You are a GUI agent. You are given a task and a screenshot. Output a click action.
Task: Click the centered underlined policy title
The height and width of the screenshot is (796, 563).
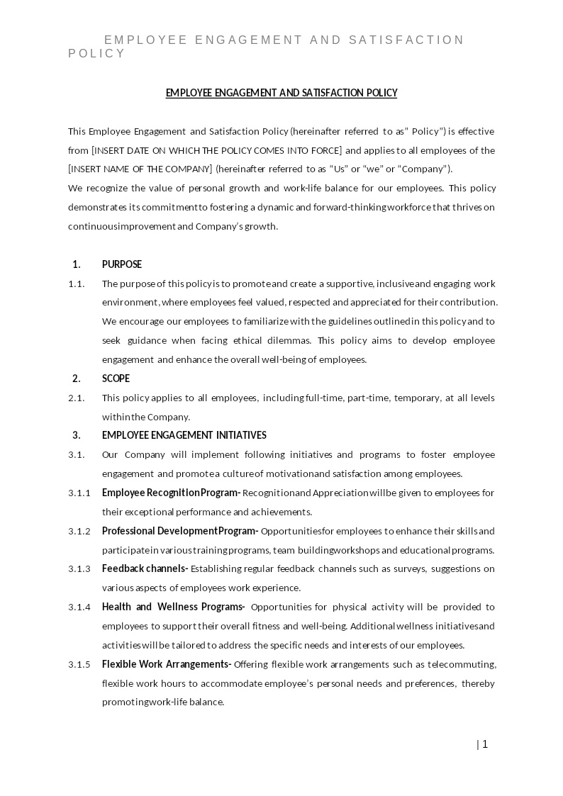281,93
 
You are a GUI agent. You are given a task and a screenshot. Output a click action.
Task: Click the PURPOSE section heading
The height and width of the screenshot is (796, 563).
122,264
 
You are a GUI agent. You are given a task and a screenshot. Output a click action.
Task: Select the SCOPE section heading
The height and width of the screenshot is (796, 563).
116,379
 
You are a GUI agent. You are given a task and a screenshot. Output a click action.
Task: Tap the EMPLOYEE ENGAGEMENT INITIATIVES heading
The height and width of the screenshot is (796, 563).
184,435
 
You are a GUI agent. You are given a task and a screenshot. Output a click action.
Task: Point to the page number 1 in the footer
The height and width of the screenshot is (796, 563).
485,744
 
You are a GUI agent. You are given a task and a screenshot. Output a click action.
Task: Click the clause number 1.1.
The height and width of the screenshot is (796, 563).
77,284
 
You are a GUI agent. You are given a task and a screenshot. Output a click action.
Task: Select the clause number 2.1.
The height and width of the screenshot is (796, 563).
77,398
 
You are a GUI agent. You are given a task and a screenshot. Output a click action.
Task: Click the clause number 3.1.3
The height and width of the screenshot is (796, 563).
79,568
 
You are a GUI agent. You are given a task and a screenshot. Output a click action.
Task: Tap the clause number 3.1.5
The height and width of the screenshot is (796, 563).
79,664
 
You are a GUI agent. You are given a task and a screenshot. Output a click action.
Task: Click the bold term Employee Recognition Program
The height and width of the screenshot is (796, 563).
171,493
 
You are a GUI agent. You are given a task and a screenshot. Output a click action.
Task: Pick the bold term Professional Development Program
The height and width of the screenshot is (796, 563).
180,531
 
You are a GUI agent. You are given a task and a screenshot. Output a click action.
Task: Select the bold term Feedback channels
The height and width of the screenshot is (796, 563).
145,568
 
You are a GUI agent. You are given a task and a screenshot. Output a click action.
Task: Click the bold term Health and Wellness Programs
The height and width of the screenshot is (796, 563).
173,607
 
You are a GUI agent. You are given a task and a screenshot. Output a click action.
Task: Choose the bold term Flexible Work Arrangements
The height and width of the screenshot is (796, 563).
167,664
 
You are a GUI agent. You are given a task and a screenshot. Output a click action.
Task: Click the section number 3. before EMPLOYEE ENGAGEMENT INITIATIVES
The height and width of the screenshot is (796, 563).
77,435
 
